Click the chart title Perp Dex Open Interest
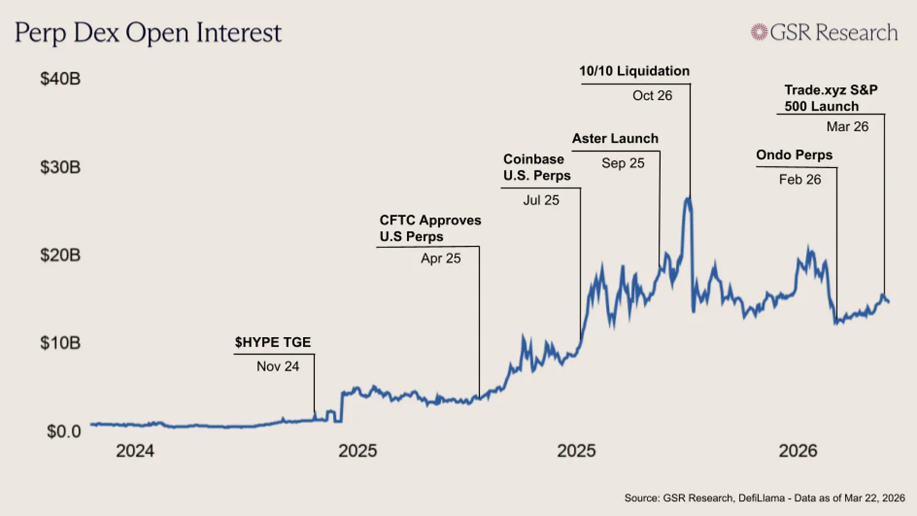coord(148,33)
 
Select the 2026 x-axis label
coord(798,452)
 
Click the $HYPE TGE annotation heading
coord(273,343)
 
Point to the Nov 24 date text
coord(278,366)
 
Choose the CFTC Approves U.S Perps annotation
coord(430,229)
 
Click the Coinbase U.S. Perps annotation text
coord(537,168)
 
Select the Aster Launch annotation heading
coord(615,139)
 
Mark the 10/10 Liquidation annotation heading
coord(634,71)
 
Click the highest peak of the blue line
coord(689,200)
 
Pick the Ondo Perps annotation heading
coord(794,155)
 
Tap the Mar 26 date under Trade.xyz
coord(847,127)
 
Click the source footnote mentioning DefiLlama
coord(761,498)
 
